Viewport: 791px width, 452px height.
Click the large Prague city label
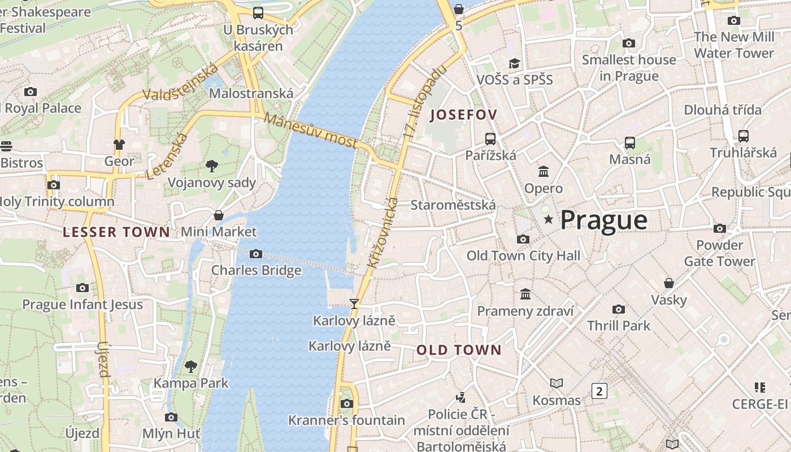[x=603, y=220]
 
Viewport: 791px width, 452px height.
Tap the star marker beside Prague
[x=547, y=219]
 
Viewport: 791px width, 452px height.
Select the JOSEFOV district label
[x=463, y=115]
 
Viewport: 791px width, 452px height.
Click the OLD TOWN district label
[x=459, y=350]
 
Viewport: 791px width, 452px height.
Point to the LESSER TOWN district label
[x=116, y=232]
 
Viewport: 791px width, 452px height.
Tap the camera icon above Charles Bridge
[x=256, y=254]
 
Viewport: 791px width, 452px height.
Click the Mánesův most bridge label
[x=310, y=131]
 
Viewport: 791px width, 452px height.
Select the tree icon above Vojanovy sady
[x=212, y=166]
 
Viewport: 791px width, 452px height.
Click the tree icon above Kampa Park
[x=191, y=366]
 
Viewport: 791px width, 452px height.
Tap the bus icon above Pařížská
[x=490, y=138]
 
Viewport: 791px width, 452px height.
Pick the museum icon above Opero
[x=544, y=171]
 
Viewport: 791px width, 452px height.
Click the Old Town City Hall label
[x=523, y=256]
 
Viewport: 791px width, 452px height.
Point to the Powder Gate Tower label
[x=719, y=253]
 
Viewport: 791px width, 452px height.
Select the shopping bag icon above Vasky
[x=669, y=282]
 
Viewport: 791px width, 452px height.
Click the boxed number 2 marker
[x=599, y=390]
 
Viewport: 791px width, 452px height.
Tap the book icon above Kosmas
[x=557, y=384]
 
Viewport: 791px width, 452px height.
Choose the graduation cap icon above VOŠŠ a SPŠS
[x=514, y=63]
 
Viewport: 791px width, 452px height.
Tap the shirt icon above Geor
[x=119, y=145]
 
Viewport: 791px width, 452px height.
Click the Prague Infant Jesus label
[x=82, y=305]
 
